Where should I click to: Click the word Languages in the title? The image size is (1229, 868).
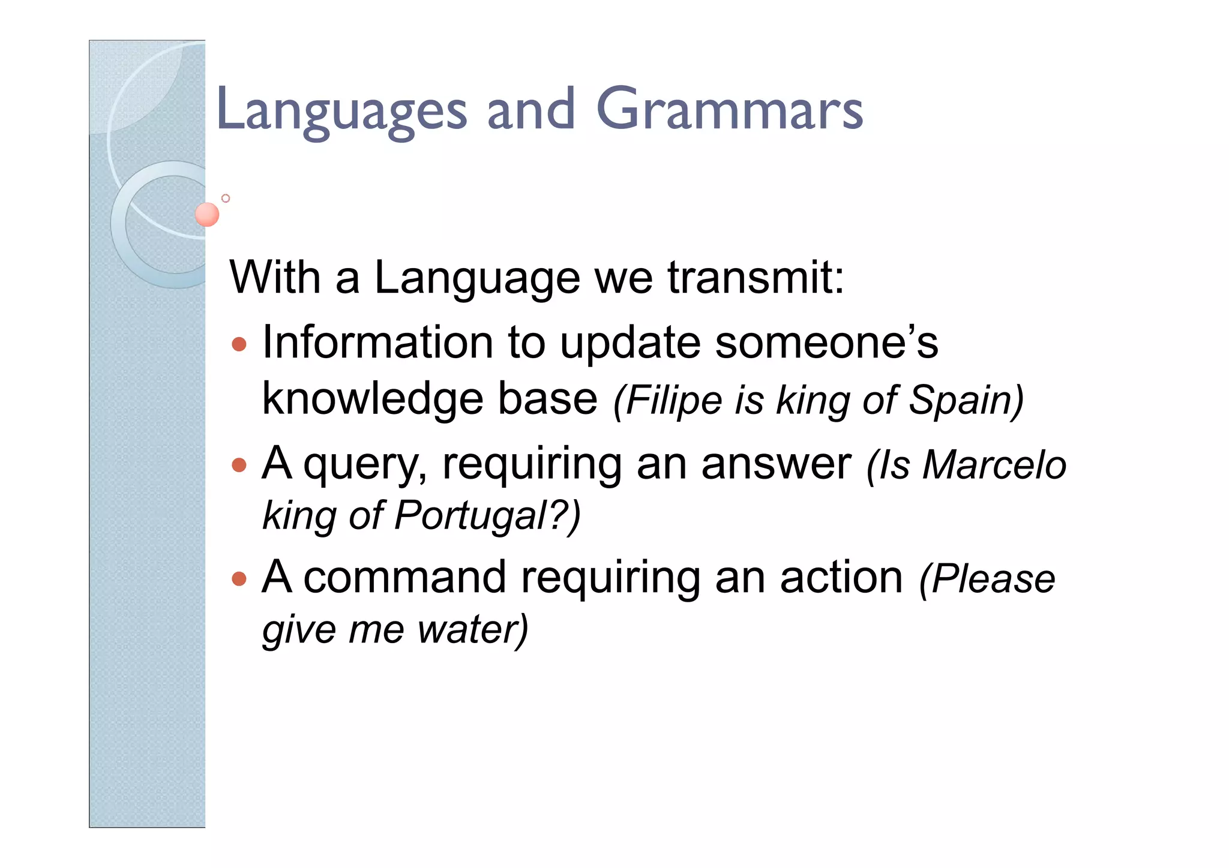click(x=341, y=110)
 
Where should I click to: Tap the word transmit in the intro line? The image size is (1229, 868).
click(x=755, y=277)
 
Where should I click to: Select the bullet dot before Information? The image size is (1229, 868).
click(x=239, y=344)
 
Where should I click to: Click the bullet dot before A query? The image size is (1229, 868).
click(x=239, y=465)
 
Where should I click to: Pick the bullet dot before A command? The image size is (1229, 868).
click(x=239, y=579)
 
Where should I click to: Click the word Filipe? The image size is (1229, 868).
click(x=673, y=400)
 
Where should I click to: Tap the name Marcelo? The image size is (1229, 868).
click(x=994, y=465)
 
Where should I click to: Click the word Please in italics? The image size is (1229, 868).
click(x=993, y=579)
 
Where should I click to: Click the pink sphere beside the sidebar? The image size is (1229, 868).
click(x=208, y=214)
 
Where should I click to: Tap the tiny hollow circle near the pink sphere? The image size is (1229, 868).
click(x=226, y=199)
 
